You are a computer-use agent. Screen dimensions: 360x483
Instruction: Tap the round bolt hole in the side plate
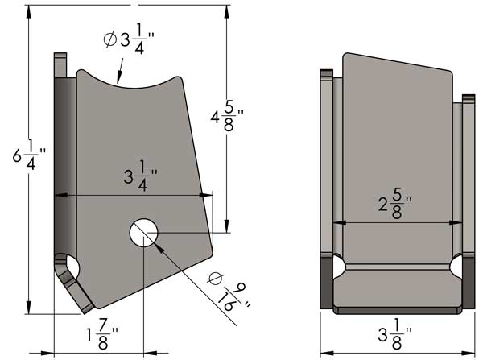(x=144, y=232)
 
